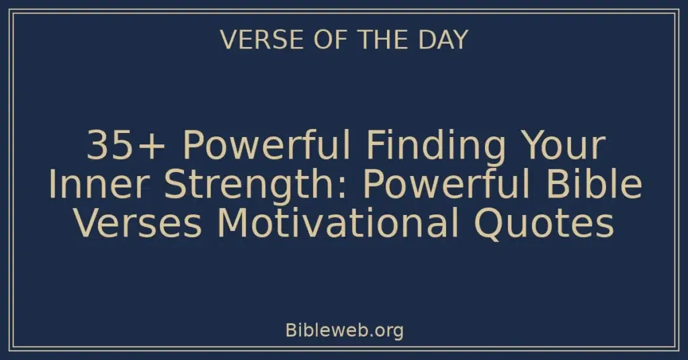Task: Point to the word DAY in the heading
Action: tap(442, 40)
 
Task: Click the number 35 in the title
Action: tap(107, 146)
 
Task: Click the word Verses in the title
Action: tap(138, 224)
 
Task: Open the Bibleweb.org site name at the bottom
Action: tap(344, 330)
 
